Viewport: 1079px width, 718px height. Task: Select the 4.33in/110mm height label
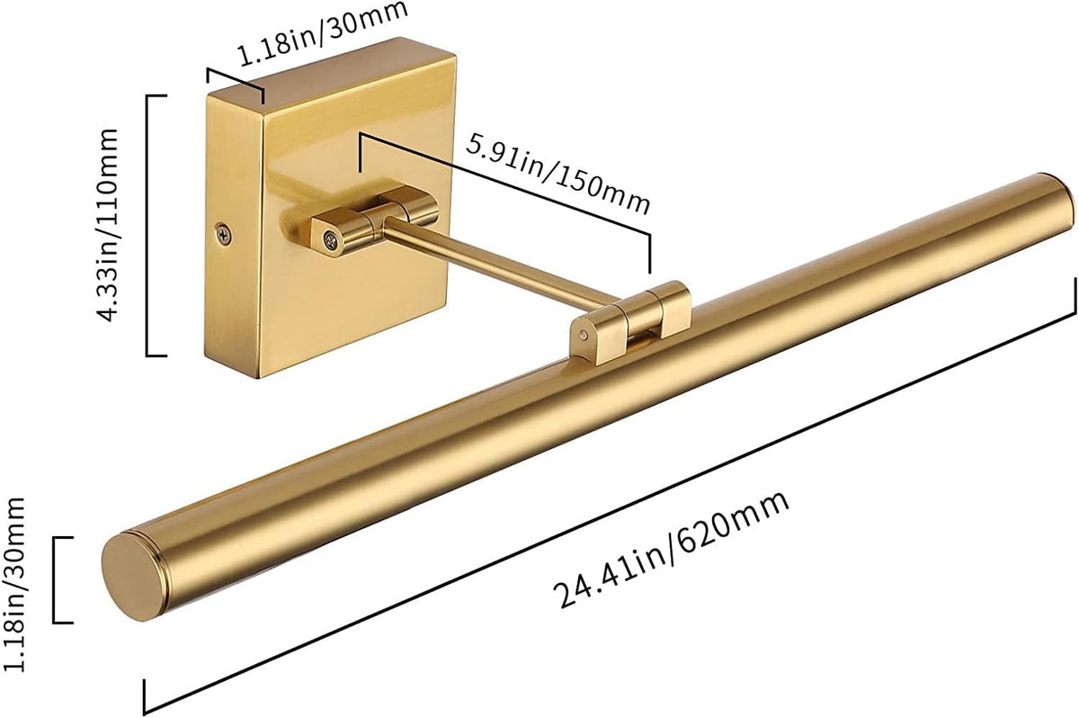coord(107,225)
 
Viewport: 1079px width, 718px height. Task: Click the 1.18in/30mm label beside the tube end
coord(13,584)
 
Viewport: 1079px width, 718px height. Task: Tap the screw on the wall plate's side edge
coord(223,235)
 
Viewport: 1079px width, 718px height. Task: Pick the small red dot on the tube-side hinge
coord(584,334)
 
